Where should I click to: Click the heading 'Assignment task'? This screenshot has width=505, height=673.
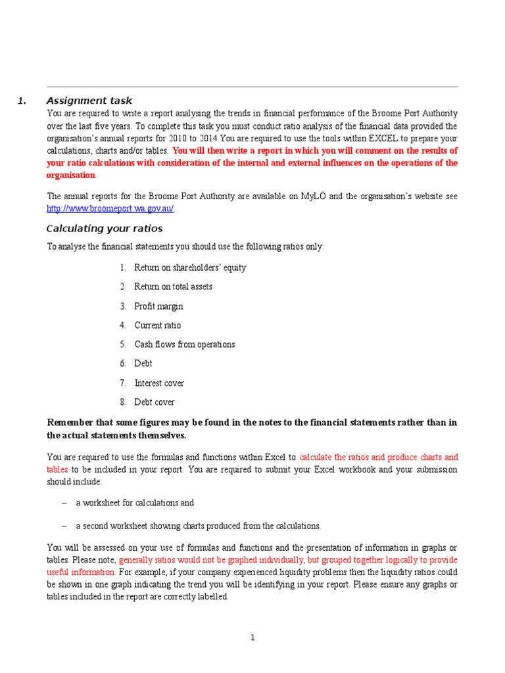(x=89, y=101)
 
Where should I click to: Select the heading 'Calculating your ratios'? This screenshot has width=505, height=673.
(x=105, y=229)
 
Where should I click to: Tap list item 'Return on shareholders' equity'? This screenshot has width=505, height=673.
(x=190, y=268)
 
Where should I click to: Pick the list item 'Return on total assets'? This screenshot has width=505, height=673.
(x=173, y=287)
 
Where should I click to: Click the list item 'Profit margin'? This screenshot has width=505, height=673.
(x=158, y=306)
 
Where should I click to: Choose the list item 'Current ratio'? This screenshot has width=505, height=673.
(x=157, y=325)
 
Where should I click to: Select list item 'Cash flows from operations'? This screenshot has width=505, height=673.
(x=184, y=344)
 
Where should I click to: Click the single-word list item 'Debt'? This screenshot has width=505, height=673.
(x=143, y=363)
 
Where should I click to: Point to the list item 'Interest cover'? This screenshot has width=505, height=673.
(x=159, y=383)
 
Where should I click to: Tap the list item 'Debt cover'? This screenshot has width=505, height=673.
(x=155, y=402)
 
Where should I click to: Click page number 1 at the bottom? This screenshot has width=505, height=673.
(x=252, y=638)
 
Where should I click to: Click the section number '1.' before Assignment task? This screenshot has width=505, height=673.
(x=22, y=101)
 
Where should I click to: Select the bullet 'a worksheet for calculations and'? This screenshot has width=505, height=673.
(x=135, y=503)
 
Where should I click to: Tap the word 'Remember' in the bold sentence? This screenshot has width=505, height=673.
(x=71, y=423)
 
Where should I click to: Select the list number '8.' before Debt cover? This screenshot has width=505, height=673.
(x=123, y=402)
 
